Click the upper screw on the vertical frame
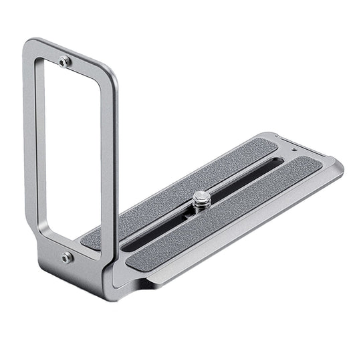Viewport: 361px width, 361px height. click(64, 62)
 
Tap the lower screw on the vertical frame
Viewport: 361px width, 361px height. click(67, 257)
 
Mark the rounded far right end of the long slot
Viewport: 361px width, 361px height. click(279, 162)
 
